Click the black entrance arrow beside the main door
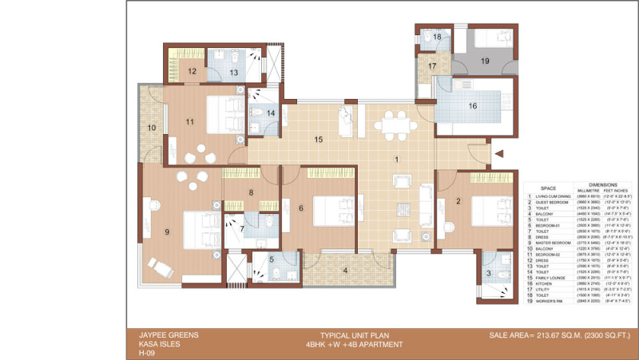498,154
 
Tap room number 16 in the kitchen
472,105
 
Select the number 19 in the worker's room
485,61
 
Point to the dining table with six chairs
395,125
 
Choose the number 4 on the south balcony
344,270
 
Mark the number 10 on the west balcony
151,128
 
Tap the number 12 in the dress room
192,71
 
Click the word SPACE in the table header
549,188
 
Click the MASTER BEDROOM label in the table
553,243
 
